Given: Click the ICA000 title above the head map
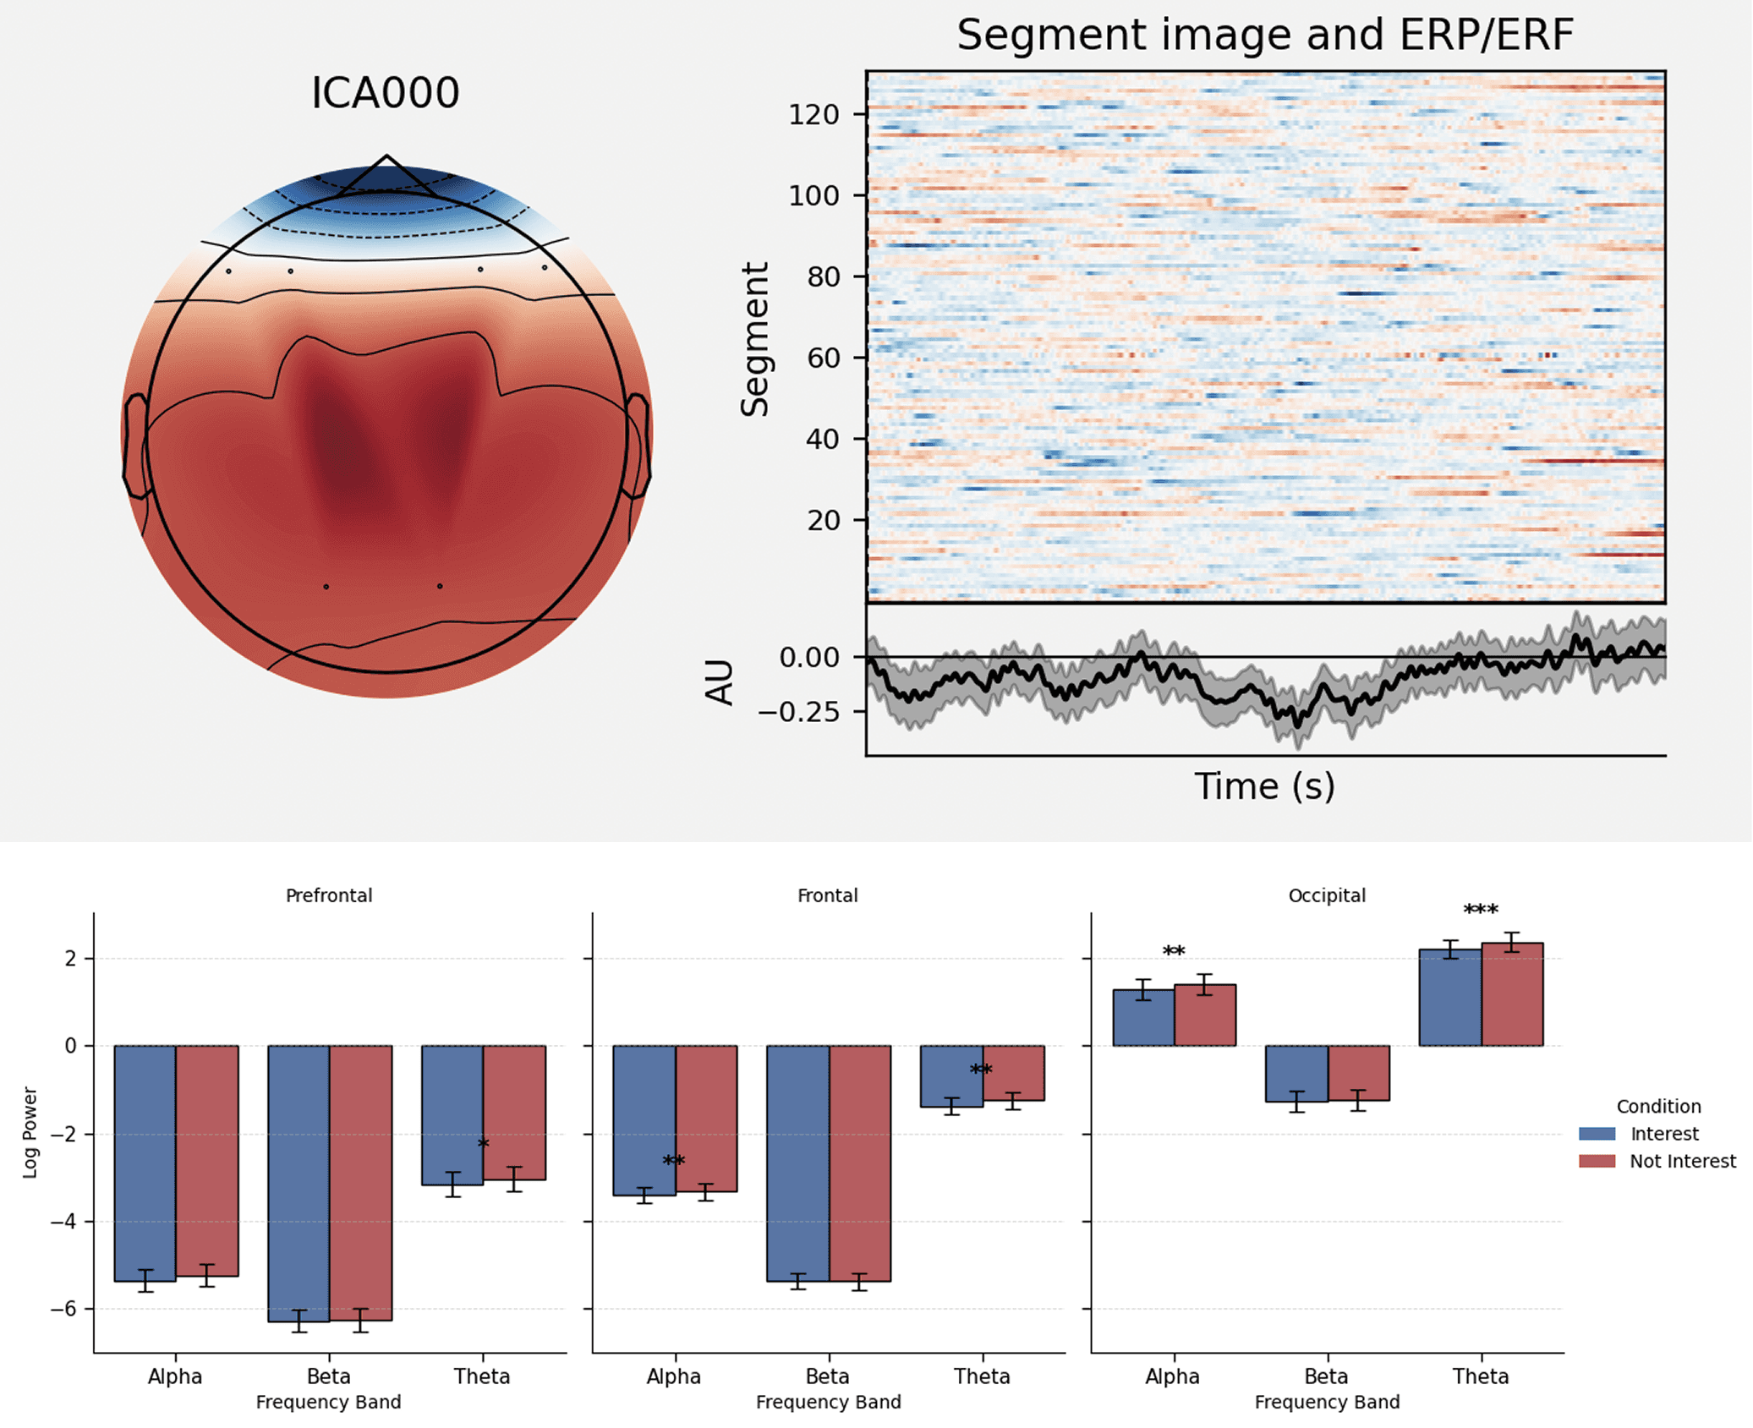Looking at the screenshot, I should pyautogui.click(x=385, y=93).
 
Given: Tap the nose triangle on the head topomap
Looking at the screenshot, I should pyautogui.click(x=386, y=176).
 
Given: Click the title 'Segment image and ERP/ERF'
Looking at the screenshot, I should pyautogui.click(x=1264, y=36).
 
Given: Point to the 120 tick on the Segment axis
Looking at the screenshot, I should pyautogui.click(x=814, y=114).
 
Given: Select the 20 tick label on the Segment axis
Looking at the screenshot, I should pyautogui.click(x=823, y=520).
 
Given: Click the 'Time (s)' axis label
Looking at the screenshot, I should pyautogui.click(x=1264, y=786).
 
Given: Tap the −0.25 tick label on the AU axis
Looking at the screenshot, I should pyautogui.click(x=798, y=712).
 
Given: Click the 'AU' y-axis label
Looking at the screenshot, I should pyautogui.click(x=719, y=681).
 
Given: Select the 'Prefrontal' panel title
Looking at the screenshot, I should pyautogui.click(x=329, y=895).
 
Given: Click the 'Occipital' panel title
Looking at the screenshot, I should pyautogui.click(x=1326, y=895).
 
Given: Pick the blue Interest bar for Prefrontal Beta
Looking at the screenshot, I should pyautogui.click(x=299, y=1183).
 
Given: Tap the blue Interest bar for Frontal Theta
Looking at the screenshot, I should pyautogui.click(x=951, y=1076).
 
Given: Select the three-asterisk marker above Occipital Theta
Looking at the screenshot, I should pyautogui.click(x=1481, y=911).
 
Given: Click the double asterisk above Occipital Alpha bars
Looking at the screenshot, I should pyautogui.click(x=1174, y=952).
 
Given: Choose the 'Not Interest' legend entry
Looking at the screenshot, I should pyautogui.click(x=1682, y=1161).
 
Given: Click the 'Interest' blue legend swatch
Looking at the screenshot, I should pyautogui.click(x=1597, y=1134).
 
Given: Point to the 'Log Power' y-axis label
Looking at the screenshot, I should pyautogui.click(x=30, y=1132).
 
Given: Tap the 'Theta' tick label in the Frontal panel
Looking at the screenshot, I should pyautogui.click(x=982, y=1376).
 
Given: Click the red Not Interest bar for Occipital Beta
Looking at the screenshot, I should pyautogui.click(x=1358, y=1073).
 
